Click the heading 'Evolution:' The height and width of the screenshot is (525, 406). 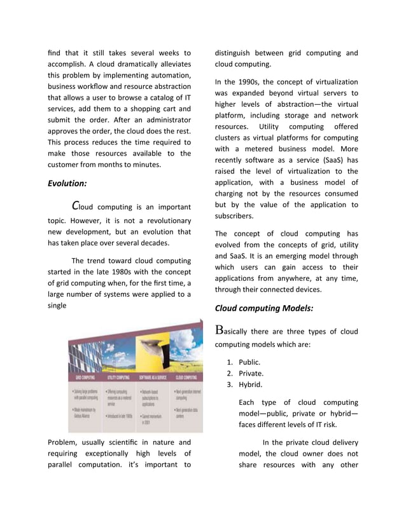click(67, 183)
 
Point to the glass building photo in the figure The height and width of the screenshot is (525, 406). click(85, 356)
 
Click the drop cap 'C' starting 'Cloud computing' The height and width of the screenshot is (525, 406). click(76, 206)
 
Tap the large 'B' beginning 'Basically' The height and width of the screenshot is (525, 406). click(220, 331)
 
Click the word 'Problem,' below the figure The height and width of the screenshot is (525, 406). click(64, 442)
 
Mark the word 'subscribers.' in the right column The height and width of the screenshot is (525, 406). click(235, 215)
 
